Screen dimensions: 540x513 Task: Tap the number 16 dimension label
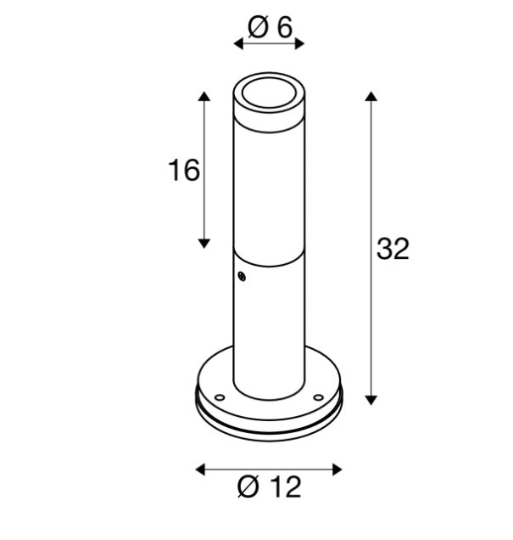pyautogui.click(x=184, y=171)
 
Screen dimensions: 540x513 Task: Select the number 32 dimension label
pyautogui.click(x=393, y=249)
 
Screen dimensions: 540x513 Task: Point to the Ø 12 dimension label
pyautogui.click(x=270, y=487)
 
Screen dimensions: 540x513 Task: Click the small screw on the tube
pyautogui.click(x=242, y=275)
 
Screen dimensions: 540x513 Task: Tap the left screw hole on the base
pyautogui.click(x=219, y=396)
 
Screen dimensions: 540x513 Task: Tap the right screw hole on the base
pyautogui.click(x=320, y=396)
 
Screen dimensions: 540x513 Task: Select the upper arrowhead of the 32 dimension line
pyautogui.click(x=371, y=95)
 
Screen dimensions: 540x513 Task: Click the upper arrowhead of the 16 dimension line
pyautogui.click(x=204, y=95)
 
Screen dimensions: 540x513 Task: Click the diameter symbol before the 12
pyautogui.click(x=248, y=487)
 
